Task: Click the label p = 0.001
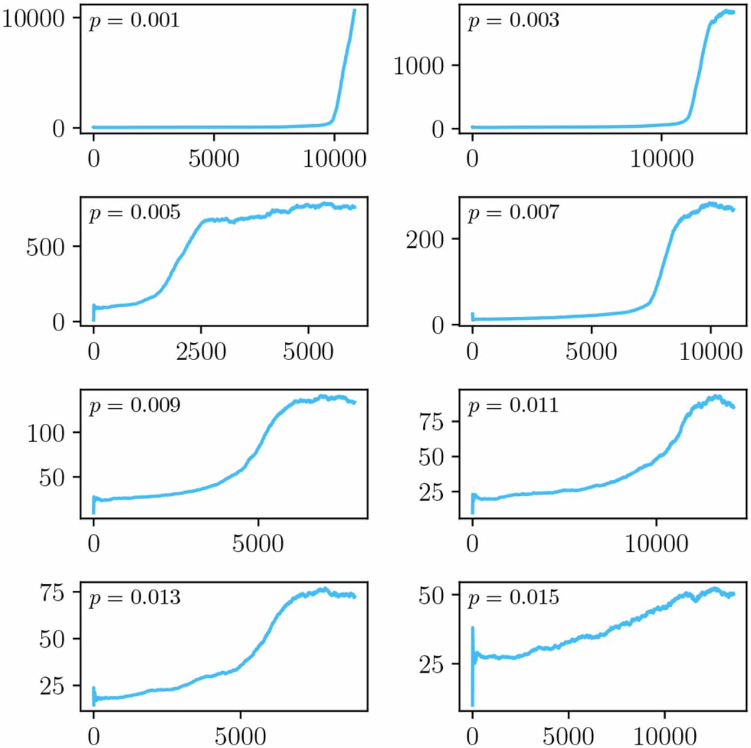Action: (134, 21)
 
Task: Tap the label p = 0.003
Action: (513, 21)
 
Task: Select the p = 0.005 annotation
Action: (134, 213)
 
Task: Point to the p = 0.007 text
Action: (513, 213)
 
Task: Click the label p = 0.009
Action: (134, 406)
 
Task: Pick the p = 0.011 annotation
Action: (513, 406)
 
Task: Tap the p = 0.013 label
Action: (134, 598)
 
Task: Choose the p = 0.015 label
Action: (513, 598)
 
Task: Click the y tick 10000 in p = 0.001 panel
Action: (33, 19)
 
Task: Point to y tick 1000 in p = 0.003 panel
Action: (418, 65)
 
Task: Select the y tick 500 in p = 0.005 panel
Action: (45, 247)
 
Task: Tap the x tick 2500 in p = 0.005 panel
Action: (201, 351)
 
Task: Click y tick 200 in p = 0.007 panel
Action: (424, 240)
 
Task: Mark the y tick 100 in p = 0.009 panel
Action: (45, 433)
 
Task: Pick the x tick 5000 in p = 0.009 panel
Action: (258, 544)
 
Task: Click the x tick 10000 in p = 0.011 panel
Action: (656, 544)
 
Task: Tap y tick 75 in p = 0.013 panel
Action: (52, 593)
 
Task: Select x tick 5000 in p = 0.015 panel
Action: (568, 737)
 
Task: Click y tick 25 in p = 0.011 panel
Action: (431, 492)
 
